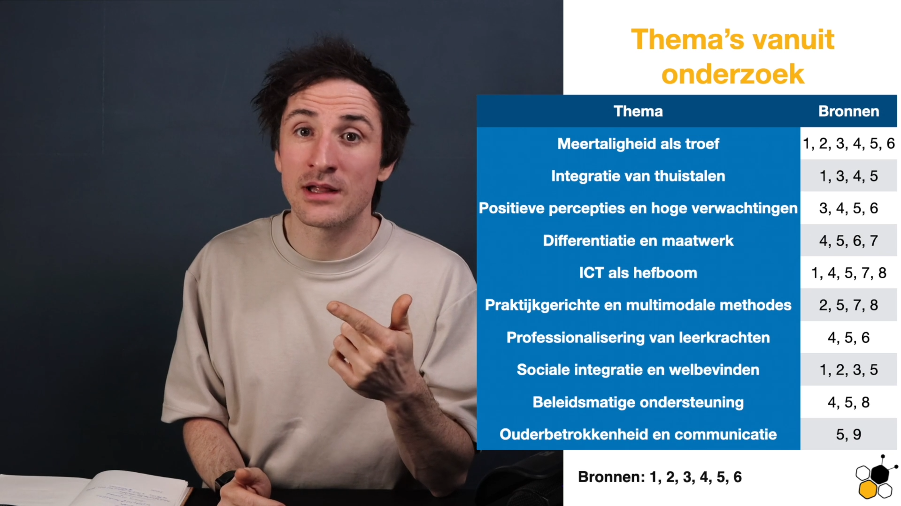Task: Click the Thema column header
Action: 638,111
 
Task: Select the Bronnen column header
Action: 848,111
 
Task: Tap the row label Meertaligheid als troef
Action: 638,143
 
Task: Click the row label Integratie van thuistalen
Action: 638,176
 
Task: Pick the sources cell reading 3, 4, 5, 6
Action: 848,208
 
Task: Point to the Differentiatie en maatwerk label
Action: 638,241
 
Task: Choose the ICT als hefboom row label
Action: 638,273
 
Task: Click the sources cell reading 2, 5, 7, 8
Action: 848,305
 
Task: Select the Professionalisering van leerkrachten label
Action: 638,338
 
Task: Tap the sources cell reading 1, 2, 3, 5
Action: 848,370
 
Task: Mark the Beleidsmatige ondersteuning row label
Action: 638,402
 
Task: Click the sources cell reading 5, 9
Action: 848,435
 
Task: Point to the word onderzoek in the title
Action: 732,74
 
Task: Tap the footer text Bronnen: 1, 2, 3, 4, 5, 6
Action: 660,477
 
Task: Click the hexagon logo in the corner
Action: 876,477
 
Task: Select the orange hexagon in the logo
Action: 868,490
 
